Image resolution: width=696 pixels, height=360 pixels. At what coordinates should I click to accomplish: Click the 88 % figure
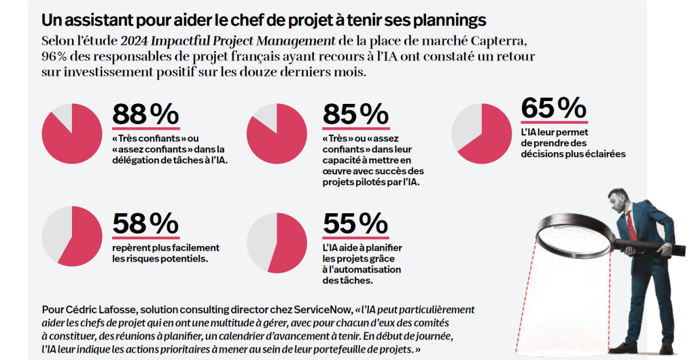(145, 113)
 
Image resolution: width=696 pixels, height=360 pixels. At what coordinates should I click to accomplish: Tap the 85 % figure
(355, 113)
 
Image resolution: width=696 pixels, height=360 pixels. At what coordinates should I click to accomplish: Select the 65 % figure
(554, 109)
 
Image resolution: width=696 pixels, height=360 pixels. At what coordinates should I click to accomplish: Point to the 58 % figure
(145, 223)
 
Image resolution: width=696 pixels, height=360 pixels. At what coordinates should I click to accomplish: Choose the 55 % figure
(355, 223)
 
